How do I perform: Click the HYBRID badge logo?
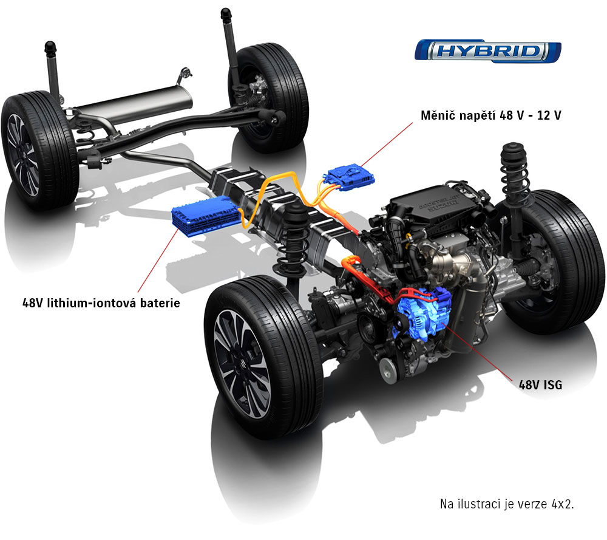coord(487,51)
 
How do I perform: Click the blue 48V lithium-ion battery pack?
coord(206,216)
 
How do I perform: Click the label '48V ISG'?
coord(540,384)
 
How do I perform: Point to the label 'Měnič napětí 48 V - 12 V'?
coord(491,115)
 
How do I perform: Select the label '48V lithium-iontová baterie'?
coord(101,302)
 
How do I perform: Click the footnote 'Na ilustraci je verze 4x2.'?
coord(507,504)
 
